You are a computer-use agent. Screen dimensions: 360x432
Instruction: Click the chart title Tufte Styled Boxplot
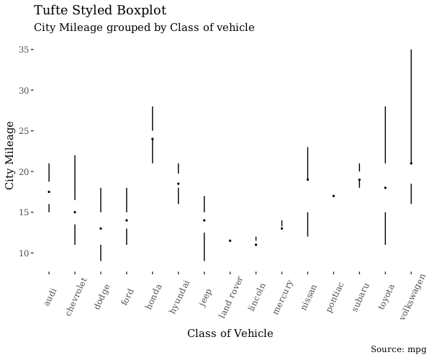100,11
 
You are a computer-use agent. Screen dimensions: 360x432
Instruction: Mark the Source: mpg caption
398,349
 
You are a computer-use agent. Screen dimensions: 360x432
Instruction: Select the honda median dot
153,139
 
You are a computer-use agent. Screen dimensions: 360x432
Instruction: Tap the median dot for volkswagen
411,163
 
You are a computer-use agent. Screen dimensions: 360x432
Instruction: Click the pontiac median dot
333,196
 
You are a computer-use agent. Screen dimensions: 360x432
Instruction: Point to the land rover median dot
230,240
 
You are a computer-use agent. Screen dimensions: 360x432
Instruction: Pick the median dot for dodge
101,228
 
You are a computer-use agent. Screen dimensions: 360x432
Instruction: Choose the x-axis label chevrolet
76,295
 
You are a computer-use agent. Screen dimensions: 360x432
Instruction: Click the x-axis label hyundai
179,296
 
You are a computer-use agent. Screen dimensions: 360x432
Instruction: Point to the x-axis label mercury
282,296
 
